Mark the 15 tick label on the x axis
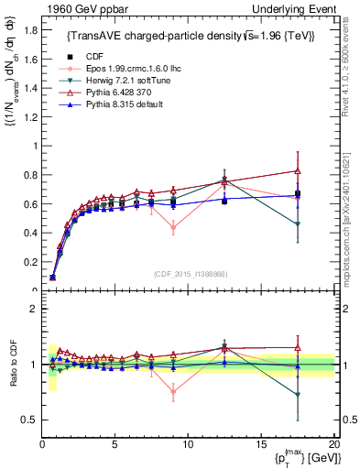coord(260,444)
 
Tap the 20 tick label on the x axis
coord(333,444)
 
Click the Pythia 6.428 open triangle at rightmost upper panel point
coord(297,171)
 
